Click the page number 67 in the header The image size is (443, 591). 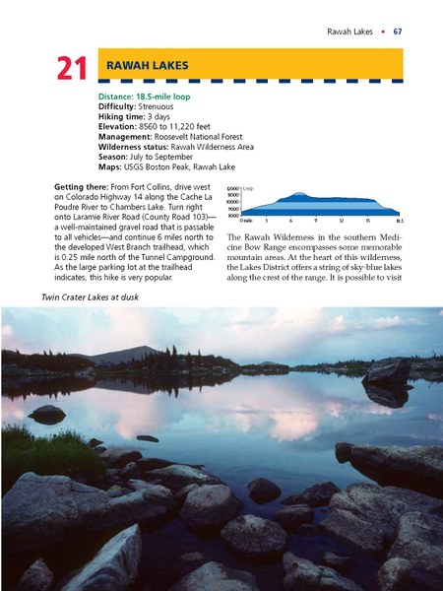(398, 33)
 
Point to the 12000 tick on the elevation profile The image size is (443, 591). (232, 188)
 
